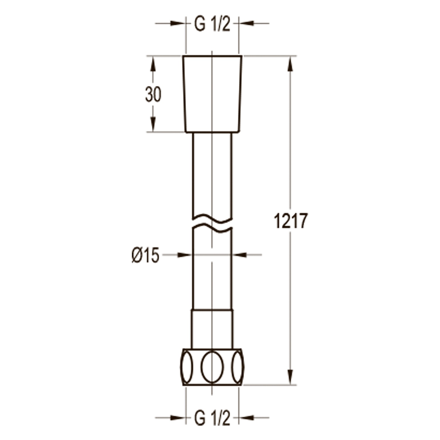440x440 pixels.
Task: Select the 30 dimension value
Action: [x=153, y=95]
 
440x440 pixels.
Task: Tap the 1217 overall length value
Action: [x=291, y=221]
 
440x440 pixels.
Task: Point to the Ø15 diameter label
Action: [x=145, y=255]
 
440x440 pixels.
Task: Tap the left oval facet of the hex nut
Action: [x=187, y=367]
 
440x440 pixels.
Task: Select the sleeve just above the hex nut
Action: [x=212, y=329]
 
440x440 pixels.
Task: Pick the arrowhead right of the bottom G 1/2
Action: [x=246, y=417]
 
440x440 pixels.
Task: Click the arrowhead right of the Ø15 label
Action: [x=184, y=255]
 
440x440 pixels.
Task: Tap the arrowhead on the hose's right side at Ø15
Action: [x=240, y=255]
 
